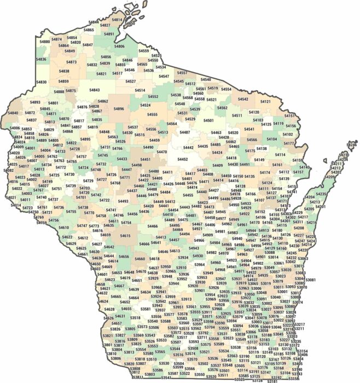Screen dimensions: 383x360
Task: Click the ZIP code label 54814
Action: [x=117, y=20]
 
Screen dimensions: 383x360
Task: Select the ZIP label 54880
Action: [x=44, y=42]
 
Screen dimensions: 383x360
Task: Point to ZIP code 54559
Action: [x=144, y=51]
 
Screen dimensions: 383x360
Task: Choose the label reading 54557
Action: [x=182, y=73]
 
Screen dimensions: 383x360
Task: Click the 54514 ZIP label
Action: [x=140, y=90]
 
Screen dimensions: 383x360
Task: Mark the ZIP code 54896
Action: [x=119, y=109]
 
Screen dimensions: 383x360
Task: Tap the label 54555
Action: [x=152, y=115]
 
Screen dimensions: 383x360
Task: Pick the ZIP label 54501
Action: [x=208, y=120]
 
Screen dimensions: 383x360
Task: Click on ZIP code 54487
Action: [x=185, y=132]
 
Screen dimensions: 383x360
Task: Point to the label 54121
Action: [x=265, y=102]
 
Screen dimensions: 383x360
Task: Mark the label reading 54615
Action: [x=125, y=236]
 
